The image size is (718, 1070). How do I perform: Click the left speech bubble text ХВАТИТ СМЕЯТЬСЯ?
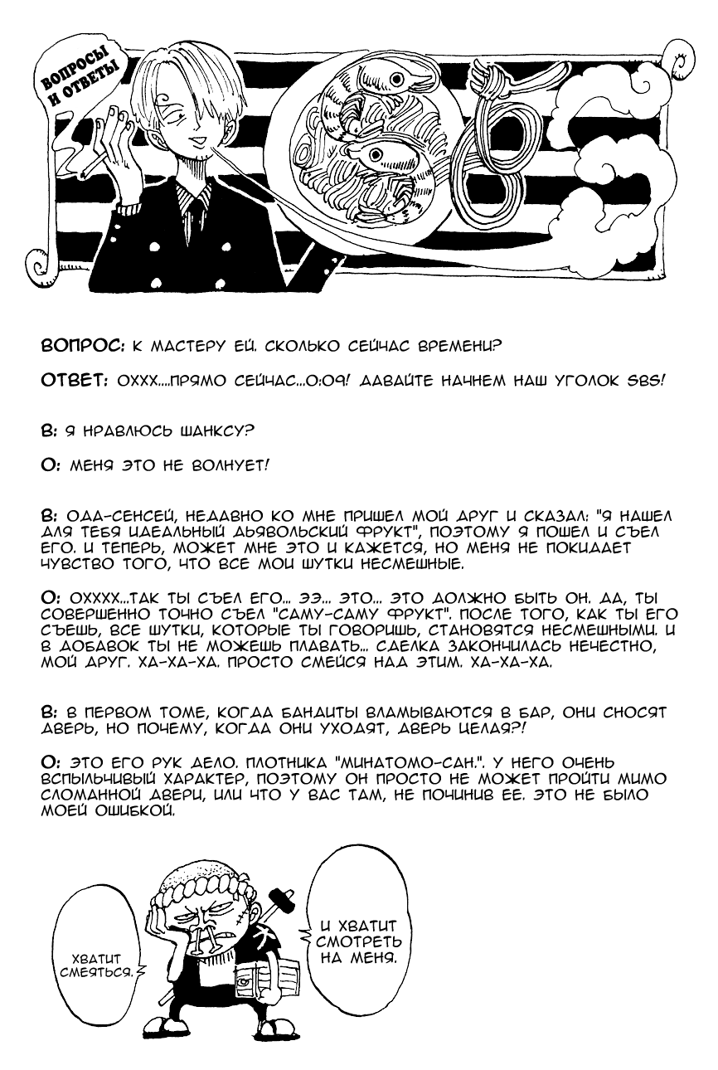93,962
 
